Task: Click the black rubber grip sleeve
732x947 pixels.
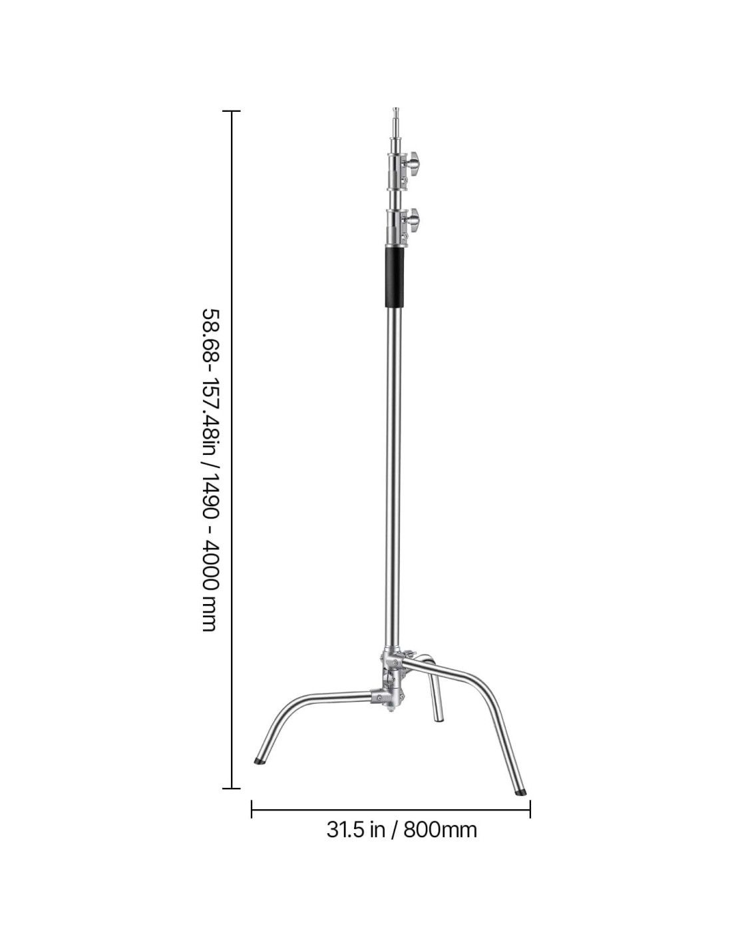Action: click(x=394, y=278)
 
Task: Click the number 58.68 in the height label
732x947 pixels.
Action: click(x=210, y=334)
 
